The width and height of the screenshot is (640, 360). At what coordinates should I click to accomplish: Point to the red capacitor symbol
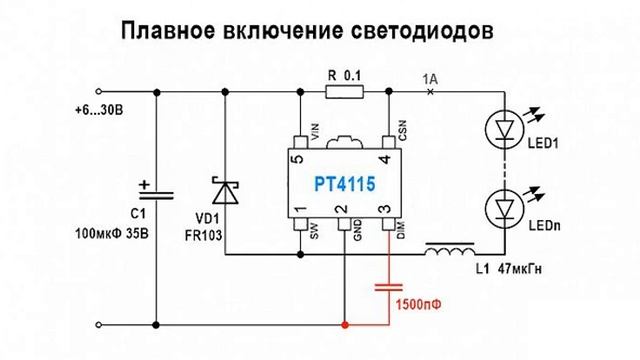coord(387,289)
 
